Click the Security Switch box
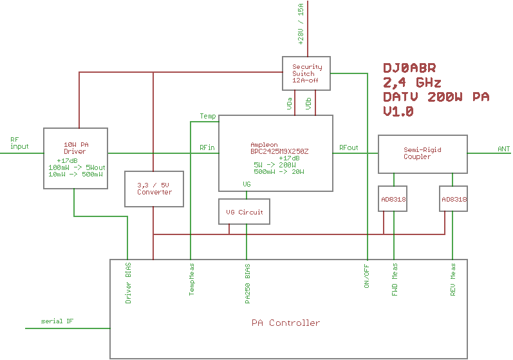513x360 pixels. (307, 73)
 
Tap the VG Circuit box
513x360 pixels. (244, 212)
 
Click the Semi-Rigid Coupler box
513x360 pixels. (422, 153)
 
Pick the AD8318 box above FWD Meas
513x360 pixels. (393, 199)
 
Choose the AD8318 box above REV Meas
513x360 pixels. (454, 199)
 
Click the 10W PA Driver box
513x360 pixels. (75, 158)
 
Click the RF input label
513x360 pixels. (19, 143)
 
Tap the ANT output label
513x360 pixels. (503, 149)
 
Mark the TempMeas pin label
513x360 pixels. (191, 279)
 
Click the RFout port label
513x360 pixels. (349, 148)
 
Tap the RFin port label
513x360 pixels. (207, 148)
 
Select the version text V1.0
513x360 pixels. (398, 111)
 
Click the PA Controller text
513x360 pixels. (285, 323)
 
